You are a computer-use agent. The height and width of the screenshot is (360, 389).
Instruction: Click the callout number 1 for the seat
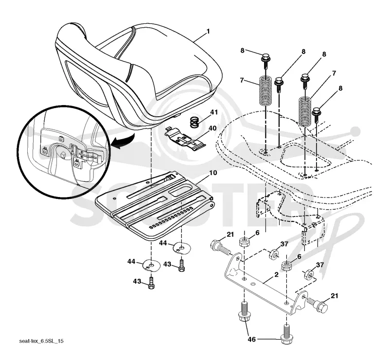tap(208, 32)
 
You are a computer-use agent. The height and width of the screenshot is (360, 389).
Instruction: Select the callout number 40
tap(212, 128)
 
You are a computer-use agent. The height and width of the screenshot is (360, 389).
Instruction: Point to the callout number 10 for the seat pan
tap(213, 173)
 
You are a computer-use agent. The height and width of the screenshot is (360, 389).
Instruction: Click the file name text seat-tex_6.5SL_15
tap(41, 341)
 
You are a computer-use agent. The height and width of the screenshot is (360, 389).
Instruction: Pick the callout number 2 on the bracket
tap(276, 274)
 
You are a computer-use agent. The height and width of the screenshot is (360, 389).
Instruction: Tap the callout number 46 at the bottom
tap(251, 339)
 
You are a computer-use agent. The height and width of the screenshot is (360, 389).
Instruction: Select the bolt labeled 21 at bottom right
tap(318, 305)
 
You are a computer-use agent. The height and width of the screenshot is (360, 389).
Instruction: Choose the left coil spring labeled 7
tap(265, 90)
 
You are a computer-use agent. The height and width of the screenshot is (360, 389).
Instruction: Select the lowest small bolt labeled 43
tap(151, 283)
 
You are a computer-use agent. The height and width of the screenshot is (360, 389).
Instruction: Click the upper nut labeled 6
tap(245, 242)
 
